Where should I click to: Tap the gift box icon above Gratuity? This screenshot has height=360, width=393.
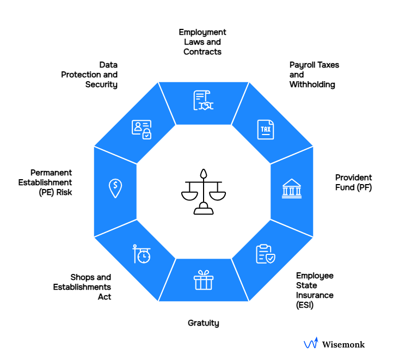coord(203,280)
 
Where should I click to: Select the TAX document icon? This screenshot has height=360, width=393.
coord(266,129)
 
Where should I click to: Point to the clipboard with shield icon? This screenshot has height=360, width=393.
coord(266,254)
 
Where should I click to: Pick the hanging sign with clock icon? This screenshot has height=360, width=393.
coord(142,254)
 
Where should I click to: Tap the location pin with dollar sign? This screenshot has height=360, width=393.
coord(115,188)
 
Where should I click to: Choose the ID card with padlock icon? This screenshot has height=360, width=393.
coord(141,129)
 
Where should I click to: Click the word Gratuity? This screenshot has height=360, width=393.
coord(203,323)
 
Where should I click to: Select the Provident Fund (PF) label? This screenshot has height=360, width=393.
coord(353,182)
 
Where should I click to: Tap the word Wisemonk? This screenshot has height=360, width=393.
coord(343,344)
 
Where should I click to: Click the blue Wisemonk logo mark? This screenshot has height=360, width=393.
coord(310,344)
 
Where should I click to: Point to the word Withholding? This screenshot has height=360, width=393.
coord(312,84)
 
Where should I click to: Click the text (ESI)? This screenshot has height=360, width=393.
coord(305,305)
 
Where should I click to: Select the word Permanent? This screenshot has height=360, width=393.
coord(51,173)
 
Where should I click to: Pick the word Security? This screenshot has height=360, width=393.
coord(101,84)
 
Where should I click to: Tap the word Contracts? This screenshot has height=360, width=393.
coord(202,52)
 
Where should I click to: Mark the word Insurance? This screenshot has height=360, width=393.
coord(315,295)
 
